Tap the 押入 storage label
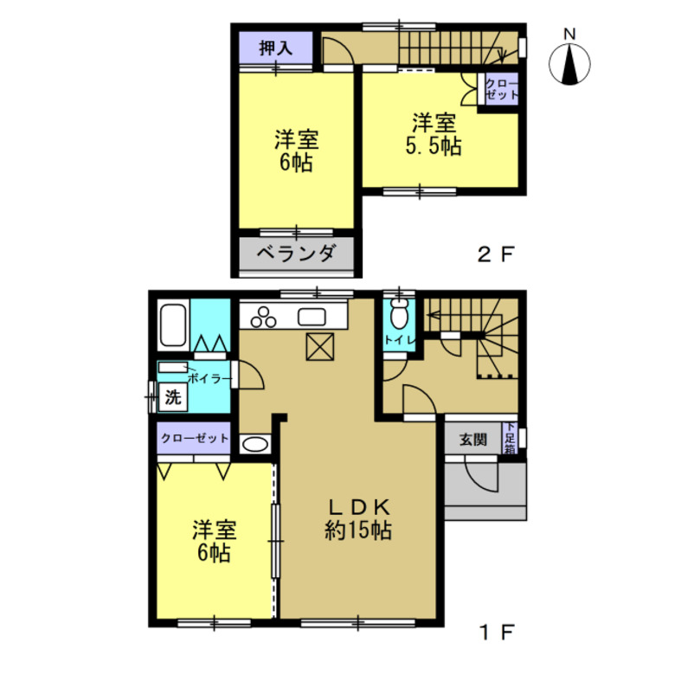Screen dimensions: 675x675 (276, 48)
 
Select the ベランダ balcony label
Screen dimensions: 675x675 (296, 253)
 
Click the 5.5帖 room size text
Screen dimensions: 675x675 (434, 146)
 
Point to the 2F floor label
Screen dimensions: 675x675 (496, 254)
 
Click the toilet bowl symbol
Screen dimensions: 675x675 (400, 313)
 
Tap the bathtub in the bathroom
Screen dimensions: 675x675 (173, 325)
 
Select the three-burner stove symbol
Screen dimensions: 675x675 (263, 318)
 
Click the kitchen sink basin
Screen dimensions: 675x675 (312, 318)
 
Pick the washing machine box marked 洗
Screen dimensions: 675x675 (173, 397)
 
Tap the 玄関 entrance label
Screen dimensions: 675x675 (473, 440)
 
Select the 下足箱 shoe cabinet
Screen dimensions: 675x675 (510, 438)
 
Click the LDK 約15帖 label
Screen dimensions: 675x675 (358, 519)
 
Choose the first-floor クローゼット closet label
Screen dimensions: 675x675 (195, 438)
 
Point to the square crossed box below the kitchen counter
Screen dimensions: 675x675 (320, 347)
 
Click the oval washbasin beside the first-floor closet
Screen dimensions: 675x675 (254, 444)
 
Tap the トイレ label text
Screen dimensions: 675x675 (400, 340)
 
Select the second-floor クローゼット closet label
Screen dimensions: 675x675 (502, 89)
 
